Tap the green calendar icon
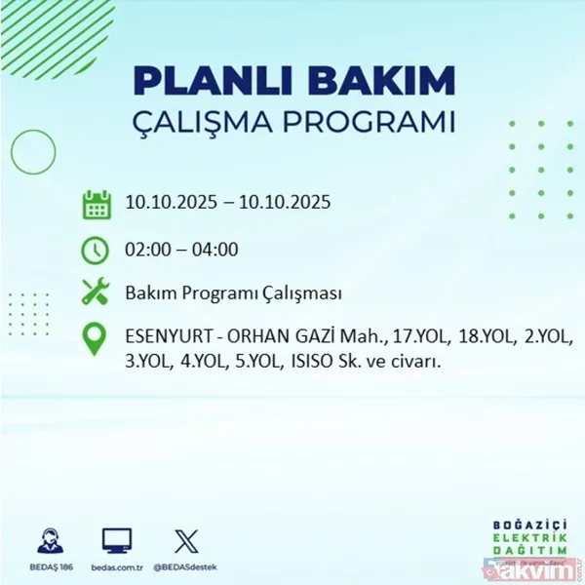coord(96,205)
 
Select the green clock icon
coord(96,250)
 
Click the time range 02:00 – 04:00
coord(181,250)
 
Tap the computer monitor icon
coord(117,540)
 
